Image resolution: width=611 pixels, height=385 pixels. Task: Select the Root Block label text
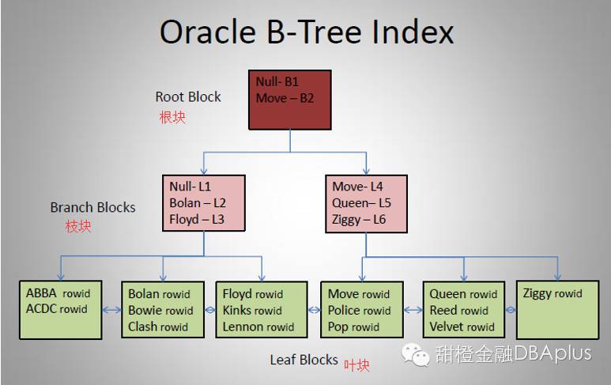[188, 97]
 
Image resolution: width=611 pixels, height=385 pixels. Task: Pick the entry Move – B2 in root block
[285, 99]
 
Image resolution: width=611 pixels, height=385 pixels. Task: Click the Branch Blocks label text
[92, 207]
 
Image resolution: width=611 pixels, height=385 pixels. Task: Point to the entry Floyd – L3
[197, 219]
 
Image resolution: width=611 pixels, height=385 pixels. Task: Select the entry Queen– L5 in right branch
[361, 202]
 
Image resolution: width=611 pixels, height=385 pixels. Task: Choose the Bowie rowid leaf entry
[160, 310]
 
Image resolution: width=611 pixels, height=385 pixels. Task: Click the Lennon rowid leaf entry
[258, 326]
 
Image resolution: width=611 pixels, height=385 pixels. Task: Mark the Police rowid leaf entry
[360, 310]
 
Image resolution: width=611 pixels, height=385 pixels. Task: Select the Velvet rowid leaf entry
[462, 326]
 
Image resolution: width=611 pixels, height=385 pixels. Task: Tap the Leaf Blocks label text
[304, 360]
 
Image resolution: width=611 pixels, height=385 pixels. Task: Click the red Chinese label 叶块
[356, 364]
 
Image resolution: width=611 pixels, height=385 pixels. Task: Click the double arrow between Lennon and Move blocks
[312, 309]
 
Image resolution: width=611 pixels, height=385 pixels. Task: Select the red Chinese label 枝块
[78, 226]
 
